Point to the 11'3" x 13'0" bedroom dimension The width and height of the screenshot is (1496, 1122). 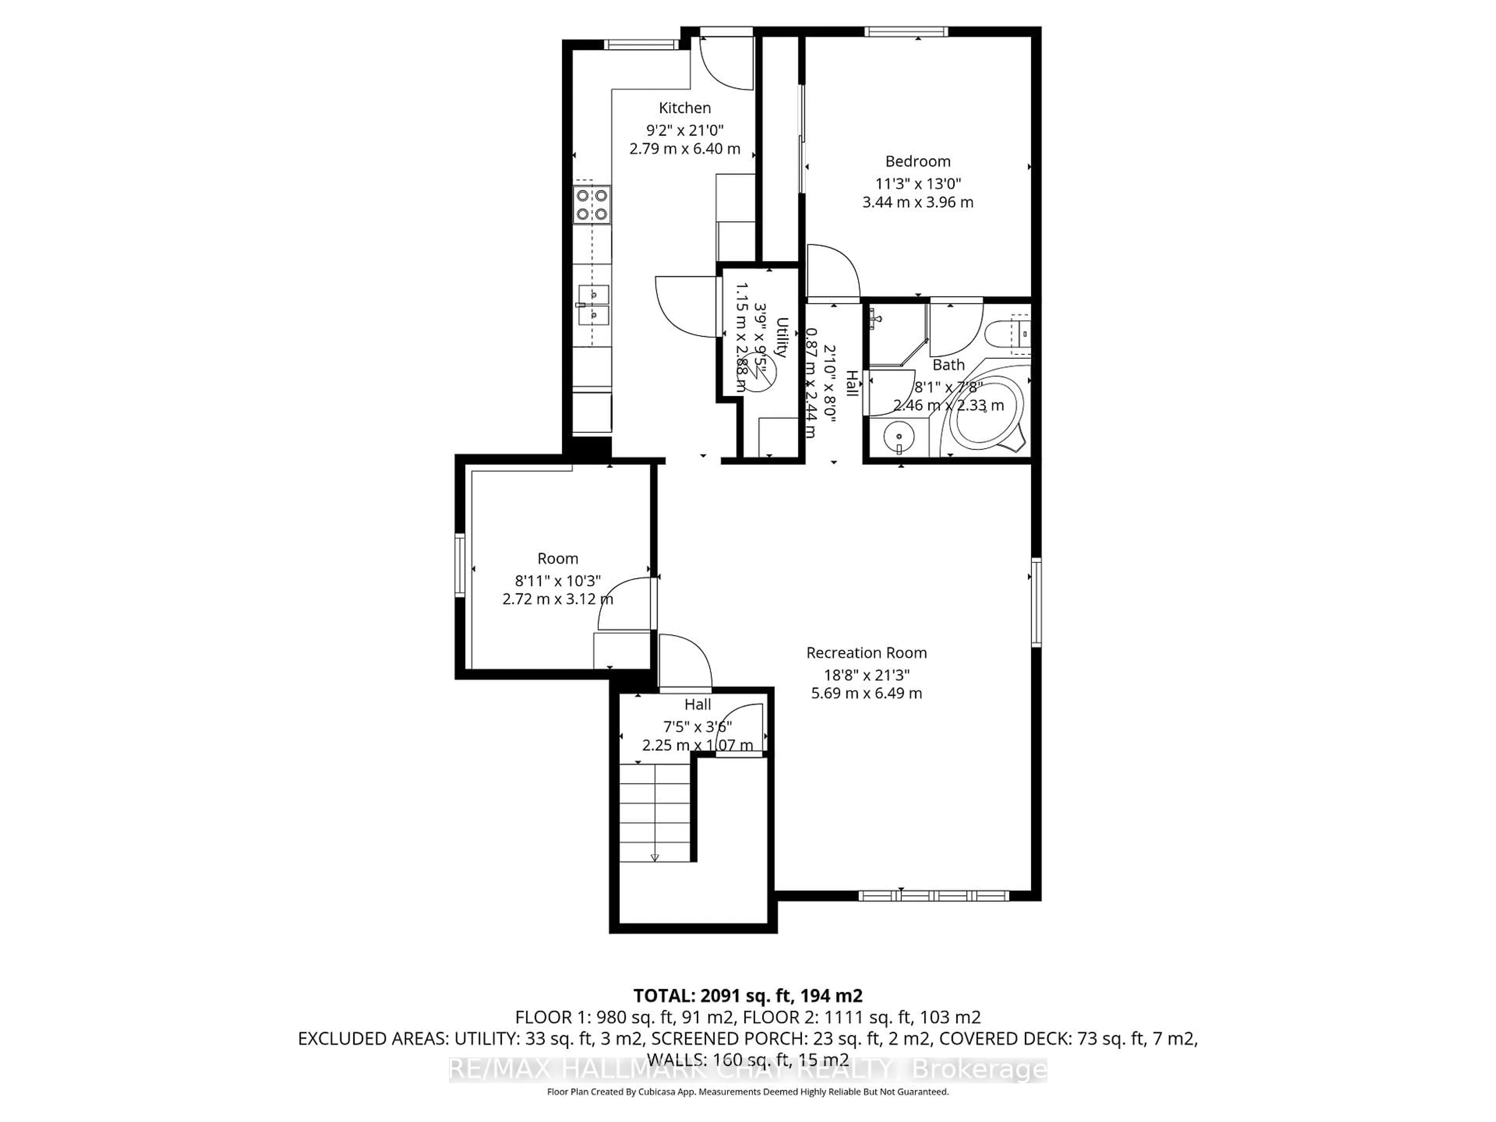pos(918,183)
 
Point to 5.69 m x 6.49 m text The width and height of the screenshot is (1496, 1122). pos(866,693)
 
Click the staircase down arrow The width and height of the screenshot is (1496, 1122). pos(654,857)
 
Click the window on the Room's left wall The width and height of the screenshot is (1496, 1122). pos(460,565)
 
